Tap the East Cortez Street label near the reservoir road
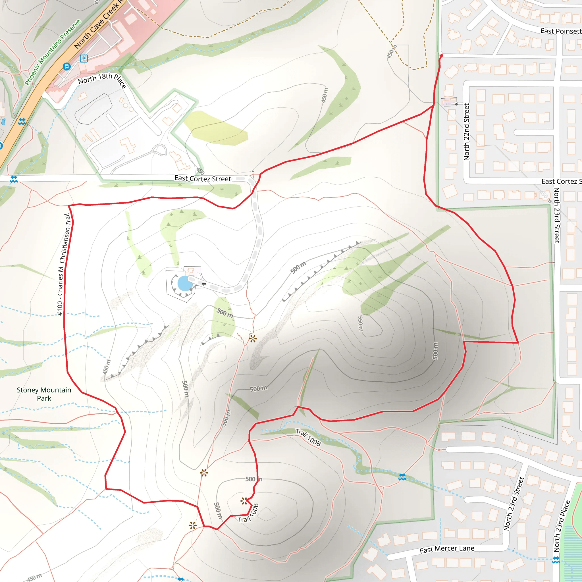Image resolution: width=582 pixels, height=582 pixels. tap(202, 179)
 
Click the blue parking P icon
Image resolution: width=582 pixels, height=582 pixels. tap(84, 59)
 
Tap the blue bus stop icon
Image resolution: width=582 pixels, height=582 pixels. tap(67, 66)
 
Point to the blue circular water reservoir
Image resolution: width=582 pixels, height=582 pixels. tap(185, 283)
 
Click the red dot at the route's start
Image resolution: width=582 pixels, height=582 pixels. tap(441, 56)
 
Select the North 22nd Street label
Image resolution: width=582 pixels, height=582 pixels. tap(466, 132)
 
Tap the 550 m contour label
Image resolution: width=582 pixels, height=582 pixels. tap(361, 323)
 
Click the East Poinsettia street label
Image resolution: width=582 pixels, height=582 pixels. tap(561, 31)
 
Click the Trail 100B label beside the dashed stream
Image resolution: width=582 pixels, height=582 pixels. tap(308, 437)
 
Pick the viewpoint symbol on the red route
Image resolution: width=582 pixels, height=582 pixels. tap(244, 501)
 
